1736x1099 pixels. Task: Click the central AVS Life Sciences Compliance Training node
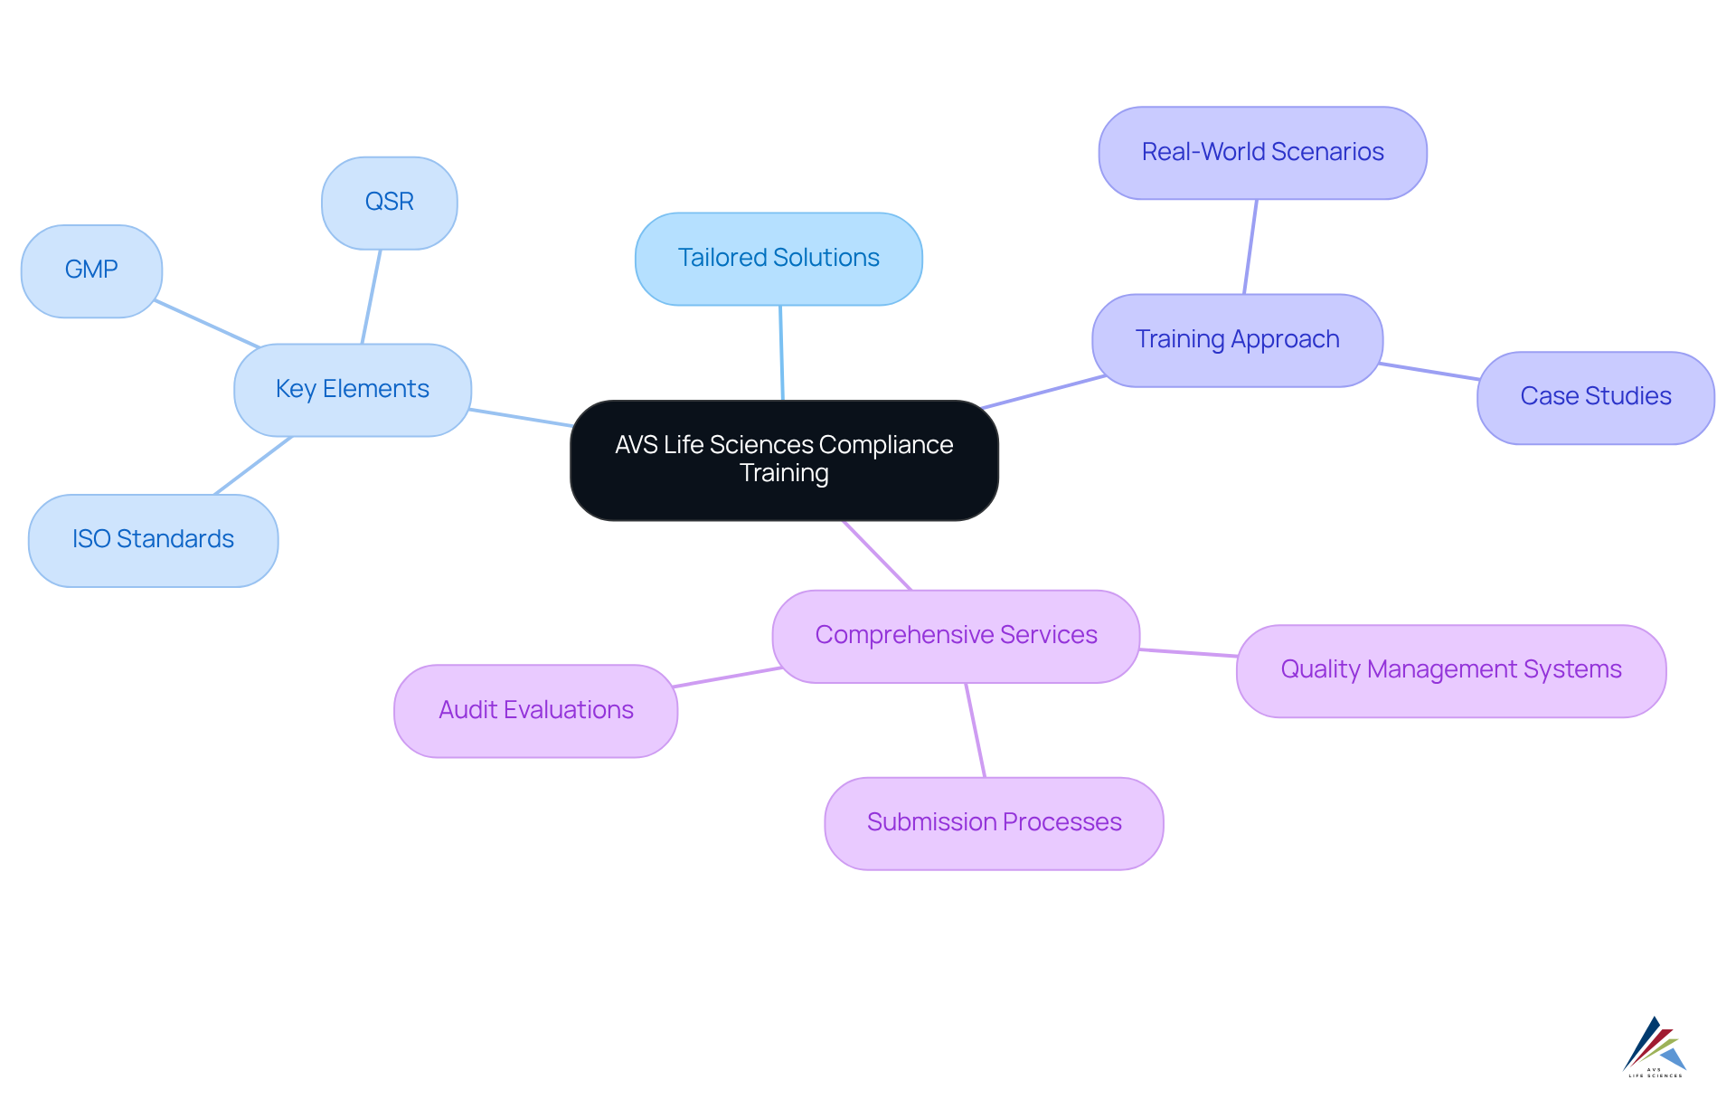pos(784,459)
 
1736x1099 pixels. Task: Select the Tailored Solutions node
pos(778,259)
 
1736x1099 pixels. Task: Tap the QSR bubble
pos(389,203)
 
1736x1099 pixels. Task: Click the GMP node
pos(91,270)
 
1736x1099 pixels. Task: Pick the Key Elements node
pos(352,390)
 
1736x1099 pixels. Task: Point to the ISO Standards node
pos(153,540)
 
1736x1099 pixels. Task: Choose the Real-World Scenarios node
pos(1262,153)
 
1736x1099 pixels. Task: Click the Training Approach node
pos(1237,340)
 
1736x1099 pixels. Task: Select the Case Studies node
pos(1595,397)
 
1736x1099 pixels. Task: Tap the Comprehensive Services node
pos(956,636)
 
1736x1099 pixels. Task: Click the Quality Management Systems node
pos(1450,670)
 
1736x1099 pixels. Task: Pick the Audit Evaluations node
pos(535,711)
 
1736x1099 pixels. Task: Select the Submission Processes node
pos(994,823)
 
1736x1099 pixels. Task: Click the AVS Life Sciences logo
pos(1655,1047)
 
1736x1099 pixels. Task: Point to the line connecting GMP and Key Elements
pos(208,324)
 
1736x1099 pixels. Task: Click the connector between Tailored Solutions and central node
pos(781,353)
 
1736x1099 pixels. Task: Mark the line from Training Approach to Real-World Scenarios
pos(1250,246)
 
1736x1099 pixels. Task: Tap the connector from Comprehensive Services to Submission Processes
pos(976,730)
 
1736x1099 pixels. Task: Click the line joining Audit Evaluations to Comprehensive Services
pos(728,677)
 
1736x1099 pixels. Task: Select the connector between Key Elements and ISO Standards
pos(253,465)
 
